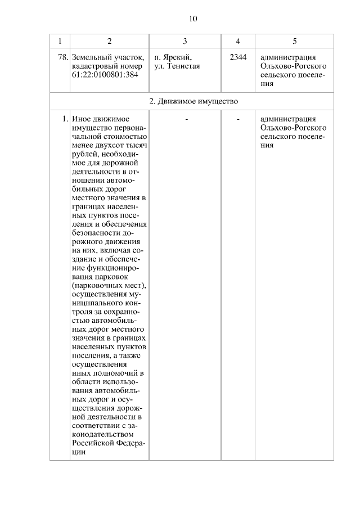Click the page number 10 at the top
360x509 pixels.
point(193,19)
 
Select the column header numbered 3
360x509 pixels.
point(185,41)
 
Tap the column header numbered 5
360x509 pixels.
point(295,41)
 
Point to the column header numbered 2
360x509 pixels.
point(109,41)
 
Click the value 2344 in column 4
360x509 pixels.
point(238,57)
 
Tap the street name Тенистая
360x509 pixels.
point(182,66)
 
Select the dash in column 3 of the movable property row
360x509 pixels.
point(186,119)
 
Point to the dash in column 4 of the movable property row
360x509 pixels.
point(238,119)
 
